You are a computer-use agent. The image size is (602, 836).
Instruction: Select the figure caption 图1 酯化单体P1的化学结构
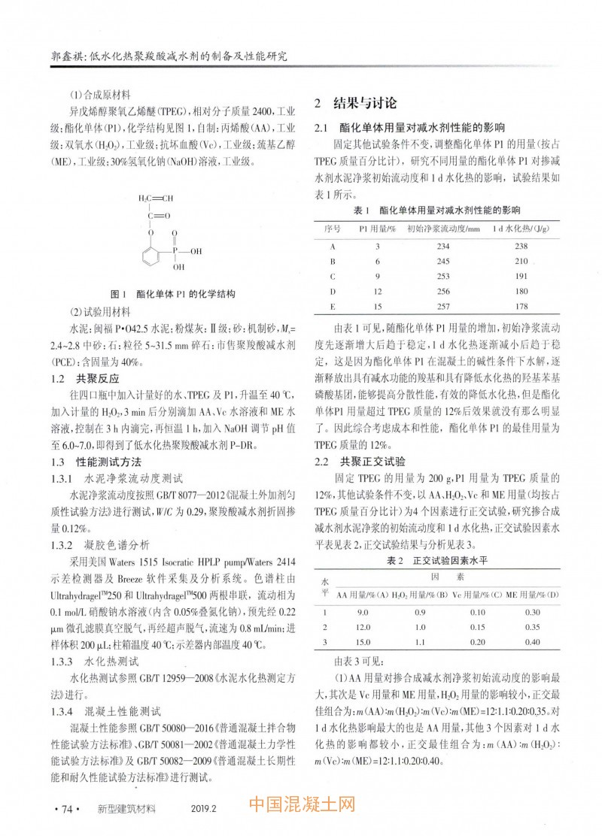[174, 293]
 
